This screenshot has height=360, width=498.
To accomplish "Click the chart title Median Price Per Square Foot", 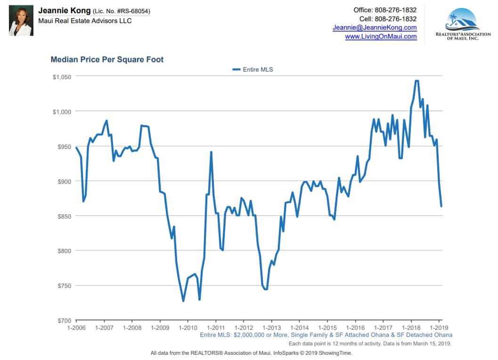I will [107, 60].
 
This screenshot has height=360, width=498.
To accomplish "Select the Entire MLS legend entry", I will [253, 69].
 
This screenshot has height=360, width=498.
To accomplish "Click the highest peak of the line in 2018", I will [416, 81].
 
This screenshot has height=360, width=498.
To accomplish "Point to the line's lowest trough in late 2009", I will [183, 301].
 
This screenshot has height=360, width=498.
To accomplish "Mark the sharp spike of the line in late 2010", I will [211, 152].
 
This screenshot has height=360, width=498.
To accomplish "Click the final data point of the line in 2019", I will [441, 206].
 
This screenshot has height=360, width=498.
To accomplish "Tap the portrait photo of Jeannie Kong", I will [21, 21].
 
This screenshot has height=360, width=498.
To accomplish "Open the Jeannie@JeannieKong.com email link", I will [375, 28].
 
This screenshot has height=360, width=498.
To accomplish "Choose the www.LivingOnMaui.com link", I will [381, 36].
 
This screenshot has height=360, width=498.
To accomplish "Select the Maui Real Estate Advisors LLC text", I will [85, 21].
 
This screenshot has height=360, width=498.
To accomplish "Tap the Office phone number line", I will [385, 10].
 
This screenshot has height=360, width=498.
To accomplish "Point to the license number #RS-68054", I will [132, 11].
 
